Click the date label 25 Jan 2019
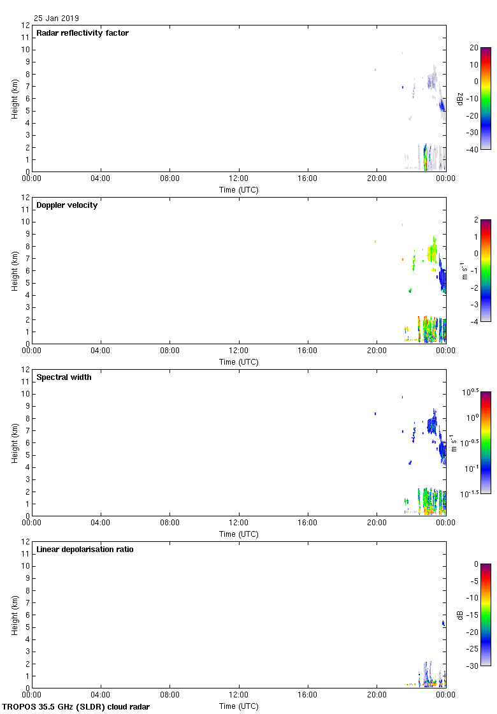[x=56, y=18]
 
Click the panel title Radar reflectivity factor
[x=82, y=33]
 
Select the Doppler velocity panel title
[x=67, y=205]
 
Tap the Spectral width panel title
[x=64, y=377]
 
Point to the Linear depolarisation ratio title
[x=85, y=550]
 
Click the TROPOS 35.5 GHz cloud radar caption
[x=76, y=707]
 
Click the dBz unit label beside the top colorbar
[x=460, y=99]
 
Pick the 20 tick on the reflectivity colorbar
[x=474, y=48]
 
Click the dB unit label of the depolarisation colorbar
[x=460, y=615]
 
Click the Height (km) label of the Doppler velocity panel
[x=14, y=271]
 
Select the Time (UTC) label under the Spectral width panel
[x=239, y=534]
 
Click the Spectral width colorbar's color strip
[x=486, y=442]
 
